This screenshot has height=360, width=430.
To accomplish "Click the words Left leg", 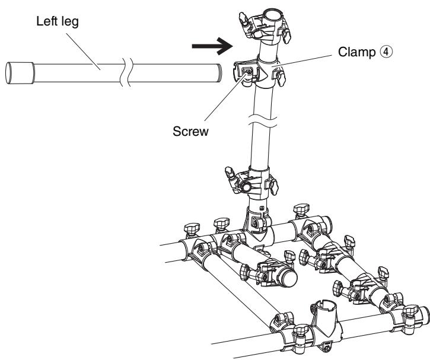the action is click(58, 21).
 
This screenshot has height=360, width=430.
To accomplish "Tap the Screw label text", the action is click(190, 131).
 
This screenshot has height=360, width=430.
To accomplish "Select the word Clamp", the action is click(356, 52).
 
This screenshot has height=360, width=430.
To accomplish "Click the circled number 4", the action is click(386, 52).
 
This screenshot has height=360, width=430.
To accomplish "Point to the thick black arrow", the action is click(212, 46).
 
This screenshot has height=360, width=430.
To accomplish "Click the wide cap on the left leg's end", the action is click(20, 73).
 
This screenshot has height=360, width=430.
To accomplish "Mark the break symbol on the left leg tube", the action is click(126, 73).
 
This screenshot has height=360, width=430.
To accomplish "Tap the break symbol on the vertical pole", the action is click(263, 121).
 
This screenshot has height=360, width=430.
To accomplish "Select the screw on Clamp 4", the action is click(248, 72).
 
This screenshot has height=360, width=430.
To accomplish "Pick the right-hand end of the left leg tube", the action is click(219, 73).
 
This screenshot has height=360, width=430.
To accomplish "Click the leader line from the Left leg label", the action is click(84, 52).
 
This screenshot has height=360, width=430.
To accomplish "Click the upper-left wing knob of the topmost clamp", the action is click(243, 18).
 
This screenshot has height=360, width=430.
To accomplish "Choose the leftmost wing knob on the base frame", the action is click(192, 229).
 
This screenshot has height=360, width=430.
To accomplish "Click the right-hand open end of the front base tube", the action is click(425, 316).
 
